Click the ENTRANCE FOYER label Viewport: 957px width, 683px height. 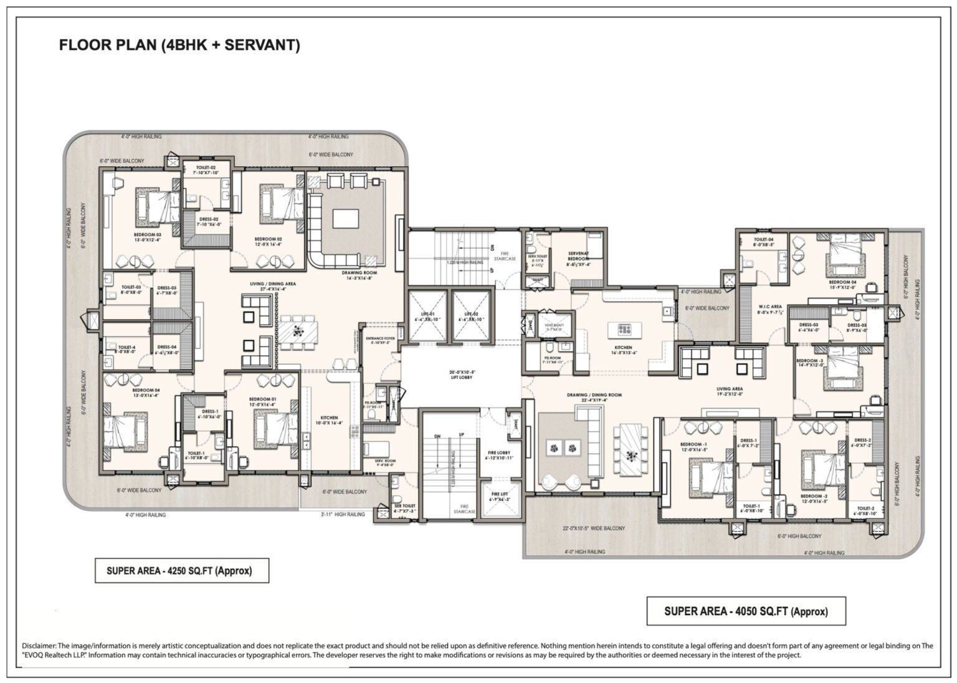(381, 340)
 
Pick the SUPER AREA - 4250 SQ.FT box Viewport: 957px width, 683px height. (181, 571)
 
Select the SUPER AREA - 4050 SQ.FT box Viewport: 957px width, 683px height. (746, 611)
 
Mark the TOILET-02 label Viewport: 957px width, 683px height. (206, 168)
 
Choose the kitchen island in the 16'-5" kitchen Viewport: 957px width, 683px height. (624, 328)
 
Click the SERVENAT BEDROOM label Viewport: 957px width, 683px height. (579, 256)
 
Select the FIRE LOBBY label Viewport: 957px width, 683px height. (498, 454)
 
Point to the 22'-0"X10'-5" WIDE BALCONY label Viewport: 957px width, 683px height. (594, 528)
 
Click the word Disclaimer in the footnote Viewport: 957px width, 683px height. (39, 646)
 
